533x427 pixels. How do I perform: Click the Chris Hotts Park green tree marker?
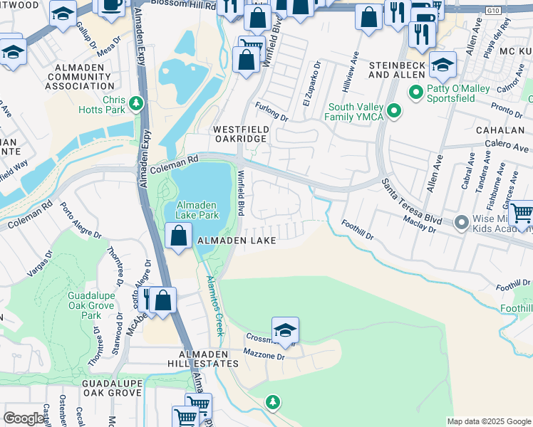[x=135, y=105]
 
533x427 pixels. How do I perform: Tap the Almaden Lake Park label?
[x=197, y=209]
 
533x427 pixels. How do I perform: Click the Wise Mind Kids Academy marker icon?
[x=461, y=223]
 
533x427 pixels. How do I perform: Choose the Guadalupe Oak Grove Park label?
[x=91, y=305]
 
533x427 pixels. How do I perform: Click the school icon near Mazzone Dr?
[x=285, y=330]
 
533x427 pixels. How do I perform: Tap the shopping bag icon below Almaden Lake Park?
[x=180, y=234]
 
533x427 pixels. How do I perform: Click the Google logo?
[x=24, y=418]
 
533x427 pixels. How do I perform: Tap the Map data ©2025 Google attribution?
[x=488, y=421]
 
